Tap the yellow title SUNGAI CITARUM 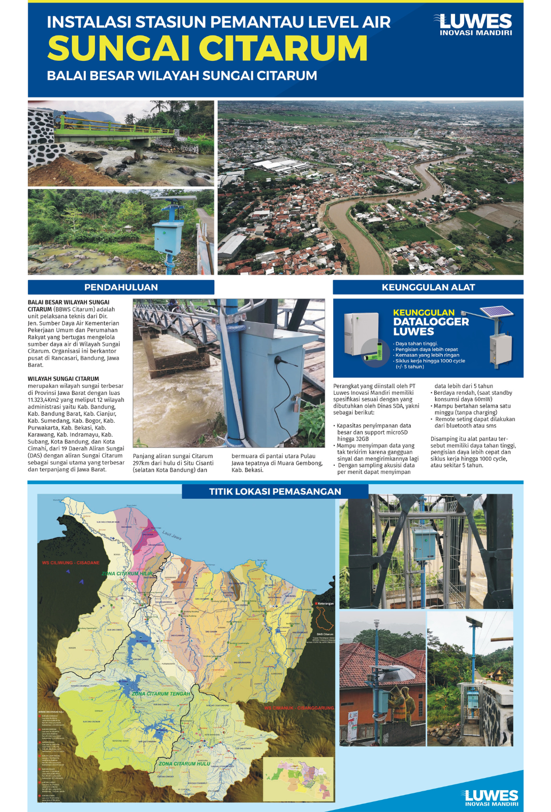coord(207,48)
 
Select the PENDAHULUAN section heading coord(121,287)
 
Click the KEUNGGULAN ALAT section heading coord(428,287)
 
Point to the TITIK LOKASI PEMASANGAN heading coord(275,491)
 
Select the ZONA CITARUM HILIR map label coord(126,573)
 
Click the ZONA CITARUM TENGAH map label coord(160,693)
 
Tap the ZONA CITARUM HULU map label coord(184,763)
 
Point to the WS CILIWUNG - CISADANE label coord(71,563)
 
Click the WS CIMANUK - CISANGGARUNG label coord(299,707)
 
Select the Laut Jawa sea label coord(172,535)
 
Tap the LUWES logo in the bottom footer coord(490,797)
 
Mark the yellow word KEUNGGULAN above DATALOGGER coord(423,313)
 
